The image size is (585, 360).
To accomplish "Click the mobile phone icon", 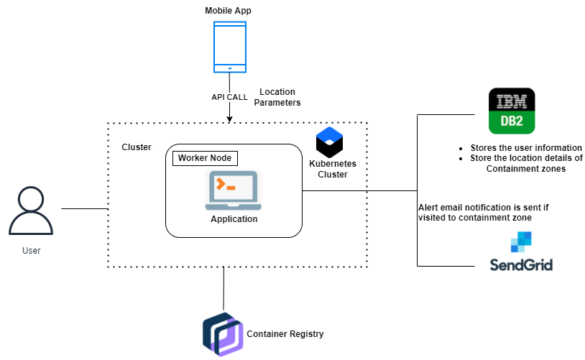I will click(x=229, y=47).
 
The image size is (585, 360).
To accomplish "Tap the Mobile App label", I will click(x=229, y=10).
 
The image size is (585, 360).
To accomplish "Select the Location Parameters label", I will click(x=277, y=98).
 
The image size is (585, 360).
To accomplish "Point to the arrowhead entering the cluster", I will click(x=229, y=119).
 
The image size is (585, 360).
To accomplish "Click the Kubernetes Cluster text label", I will click(x=332, y=170).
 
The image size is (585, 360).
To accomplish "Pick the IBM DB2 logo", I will click(x=512, y=111).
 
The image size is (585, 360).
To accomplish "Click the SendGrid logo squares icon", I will click(x=520, y=243).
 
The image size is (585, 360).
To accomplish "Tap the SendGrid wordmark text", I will click(x=520, y=264).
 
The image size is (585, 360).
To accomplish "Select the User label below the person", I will click(x=31, y=251).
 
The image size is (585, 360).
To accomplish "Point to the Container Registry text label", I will click(x=285, y=334).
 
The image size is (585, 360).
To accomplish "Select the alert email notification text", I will click(x=483, y=212).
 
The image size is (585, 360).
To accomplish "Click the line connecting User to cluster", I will click(x=84, y=209).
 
